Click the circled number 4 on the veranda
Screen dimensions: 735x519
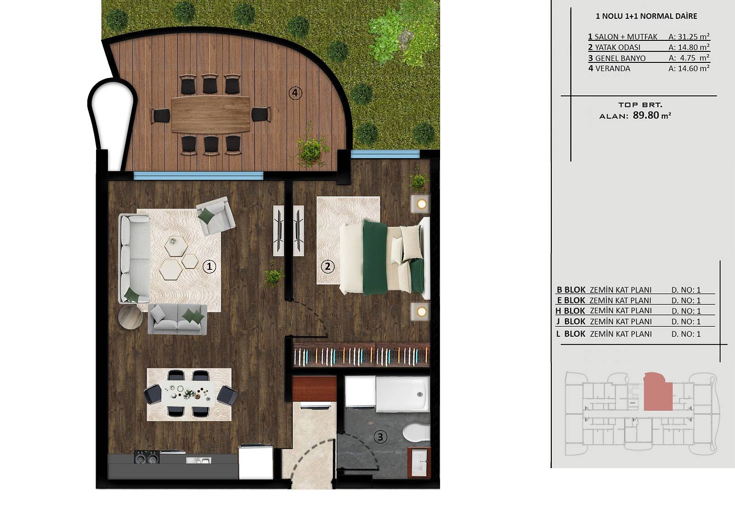[x=295, y=93]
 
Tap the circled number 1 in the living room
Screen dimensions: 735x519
[x=209, y=266]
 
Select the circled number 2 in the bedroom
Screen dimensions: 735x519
[x=327, y=266]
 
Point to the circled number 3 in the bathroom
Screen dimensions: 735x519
[x=380, y=437]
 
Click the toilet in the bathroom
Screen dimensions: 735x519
[x=416, y=432]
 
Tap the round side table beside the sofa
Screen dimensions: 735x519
[x=130, y=317]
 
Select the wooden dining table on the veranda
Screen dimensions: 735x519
[x=210, y=114]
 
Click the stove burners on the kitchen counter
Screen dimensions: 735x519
[x=147, y=457]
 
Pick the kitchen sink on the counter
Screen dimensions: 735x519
[x=198, y=461]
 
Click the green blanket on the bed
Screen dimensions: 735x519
[x=375, y=258]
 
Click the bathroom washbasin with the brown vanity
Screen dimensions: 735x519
[x=419, y=463]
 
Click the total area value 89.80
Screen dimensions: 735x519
[x=646, y=115]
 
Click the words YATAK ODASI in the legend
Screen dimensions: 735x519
[x=617, y=48]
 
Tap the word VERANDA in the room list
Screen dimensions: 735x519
[x=613, y=68]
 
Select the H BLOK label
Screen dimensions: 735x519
[x=570, y=311]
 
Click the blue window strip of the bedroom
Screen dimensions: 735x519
[x=385, y=154]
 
